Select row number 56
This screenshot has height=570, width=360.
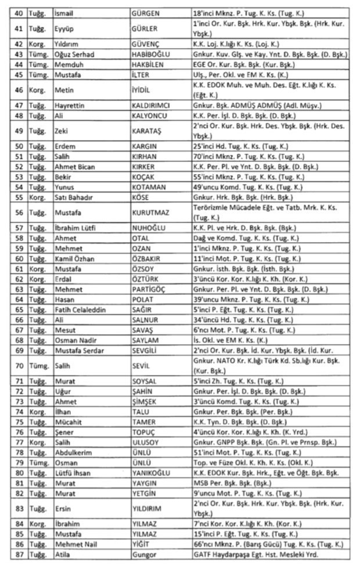pyautogui.click(x=19, y=213)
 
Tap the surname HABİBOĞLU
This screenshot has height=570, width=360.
pyautogui.click(x=153, y=55)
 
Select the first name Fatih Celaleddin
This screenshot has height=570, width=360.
pyautogui.click(x=80, y=311)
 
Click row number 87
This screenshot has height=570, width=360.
pyautogui.click(x=19, y=555)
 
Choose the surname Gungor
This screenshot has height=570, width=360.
pyautogui.click(x=145, y=555)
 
